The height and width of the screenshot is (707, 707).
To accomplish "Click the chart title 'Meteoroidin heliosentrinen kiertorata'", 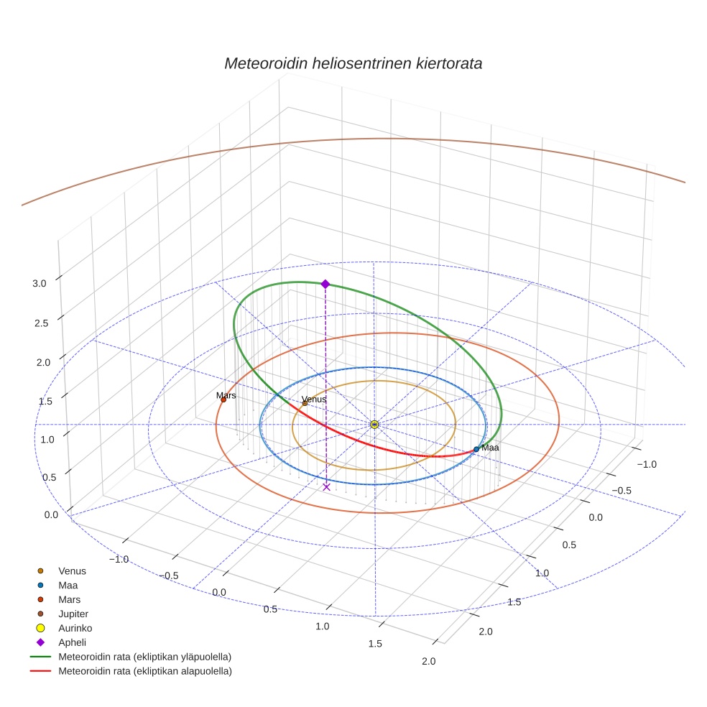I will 353,63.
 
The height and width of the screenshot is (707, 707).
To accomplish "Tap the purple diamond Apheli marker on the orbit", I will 325,285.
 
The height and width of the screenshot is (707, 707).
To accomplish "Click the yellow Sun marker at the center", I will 374,425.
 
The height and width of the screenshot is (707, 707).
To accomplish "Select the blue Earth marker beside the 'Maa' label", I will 476,449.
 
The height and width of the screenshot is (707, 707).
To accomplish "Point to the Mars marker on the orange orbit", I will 223,399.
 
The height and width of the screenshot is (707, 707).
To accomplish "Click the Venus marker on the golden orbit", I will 305,403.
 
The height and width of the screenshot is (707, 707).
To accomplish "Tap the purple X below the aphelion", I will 326,487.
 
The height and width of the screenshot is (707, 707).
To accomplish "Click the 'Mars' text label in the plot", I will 226,395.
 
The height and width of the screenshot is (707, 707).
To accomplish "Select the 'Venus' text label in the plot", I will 314,399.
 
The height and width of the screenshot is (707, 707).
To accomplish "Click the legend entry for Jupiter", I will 73,614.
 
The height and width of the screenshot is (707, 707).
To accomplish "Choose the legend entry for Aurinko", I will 75,628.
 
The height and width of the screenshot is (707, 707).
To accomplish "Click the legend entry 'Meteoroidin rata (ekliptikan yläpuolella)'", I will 144,657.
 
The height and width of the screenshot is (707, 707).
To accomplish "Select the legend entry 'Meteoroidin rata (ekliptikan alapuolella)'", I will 144,671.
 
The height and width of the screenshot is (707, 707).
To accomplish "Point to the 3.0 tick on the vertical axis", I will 39,284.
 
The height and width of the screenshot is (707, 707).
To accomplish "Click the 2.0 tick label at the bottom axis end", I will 429,661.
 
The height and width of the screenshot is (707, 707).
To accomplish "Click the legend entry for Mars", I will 69,599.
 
